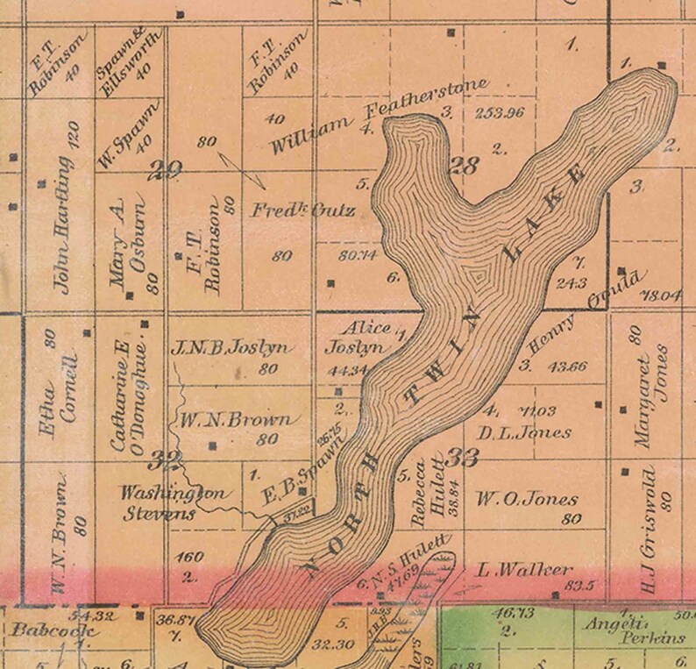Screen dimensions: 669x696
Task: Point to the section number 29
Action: point(164,170)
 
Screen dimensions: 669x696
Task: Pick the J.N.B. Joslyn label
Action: point(228,348)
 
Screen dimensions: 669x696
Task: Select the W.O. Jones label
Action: point(526,500)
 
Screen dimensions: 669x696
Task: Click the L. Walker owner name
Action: point(524,570)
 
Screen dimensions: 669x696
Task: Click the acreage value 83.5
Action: point(582,586)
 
